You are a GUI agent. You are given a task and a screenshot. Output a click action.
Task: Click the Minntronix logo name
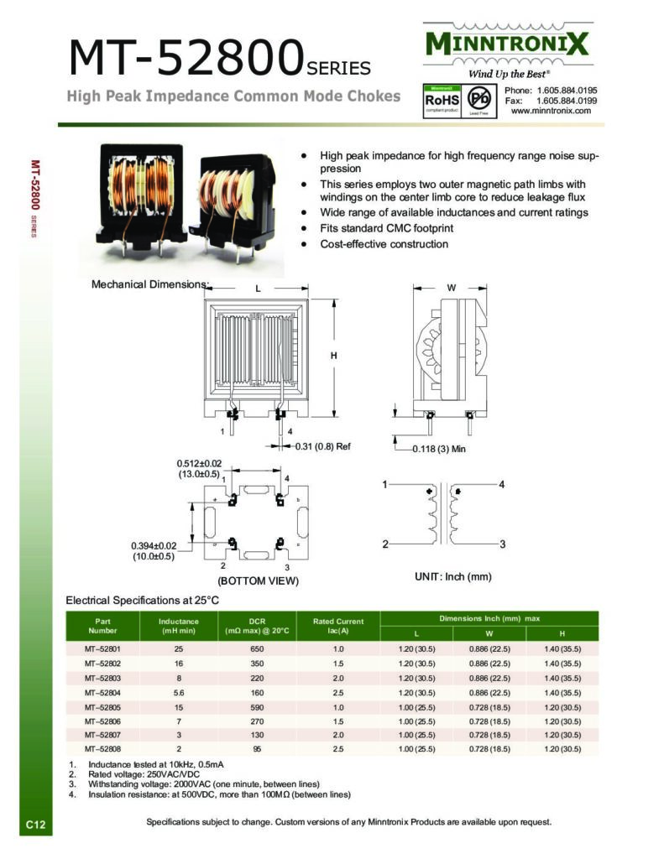pyautogui.click(x=507, y=43)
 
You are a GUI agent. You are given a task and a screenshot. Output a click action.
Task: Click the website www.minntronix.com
pyautogui.click(x=551, y=111)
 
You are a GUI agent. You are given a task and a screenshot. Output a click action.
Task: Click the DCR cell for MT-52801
pyautogui.click(x=257, y=649)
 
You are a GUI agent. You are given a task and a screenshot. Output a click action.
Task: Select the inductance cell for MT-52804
pyautogui.click(x=178, y=692)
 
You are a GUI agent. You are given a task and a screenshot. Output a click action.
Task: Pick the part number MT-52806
pyautogui.click(x=102, y=721)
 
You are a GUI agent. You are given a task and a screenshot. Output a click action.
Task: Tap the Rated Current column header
pyautogui.click(x=338, y=626)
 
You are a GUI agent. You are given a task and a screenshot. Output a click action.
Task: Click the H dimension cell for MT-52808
pyautogui.click(x=562, y=748)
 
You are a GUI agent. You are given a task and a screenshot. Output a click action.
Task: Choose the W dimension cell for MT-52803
pyautogui.click(x=490, y=678)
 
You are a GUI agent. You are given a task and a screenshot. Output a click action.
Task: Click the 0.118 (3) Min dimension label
pyautogui.click(x=439, y=449)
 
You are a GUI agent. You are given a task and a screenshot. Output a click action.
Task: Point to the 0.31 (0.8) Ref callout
pyautogui.click(x=322, y=446)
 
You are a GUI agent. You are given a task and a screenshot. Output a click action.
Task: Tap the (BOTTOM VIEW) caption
pyautogui.click(x=258, y=580)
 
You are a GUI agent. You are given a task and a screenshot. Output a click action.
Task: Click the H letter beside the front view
pyautogui.click(x=333, y=356)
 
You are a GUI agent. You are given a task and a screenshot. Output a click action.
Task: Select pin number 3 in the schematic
pyautogui.click(x=502, y=544)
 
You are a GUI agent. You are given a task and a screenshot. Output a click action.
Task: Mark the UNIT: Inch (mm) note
pyautogui.click(x=452, y=576)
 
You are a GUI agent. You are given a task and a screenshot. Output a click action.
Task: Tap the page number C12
pyautogui.click(x=35, y=826)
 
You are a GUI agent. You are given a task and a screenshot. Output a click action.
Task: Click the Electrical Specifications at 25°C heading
pyautogui.click(x=143, y=600)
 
